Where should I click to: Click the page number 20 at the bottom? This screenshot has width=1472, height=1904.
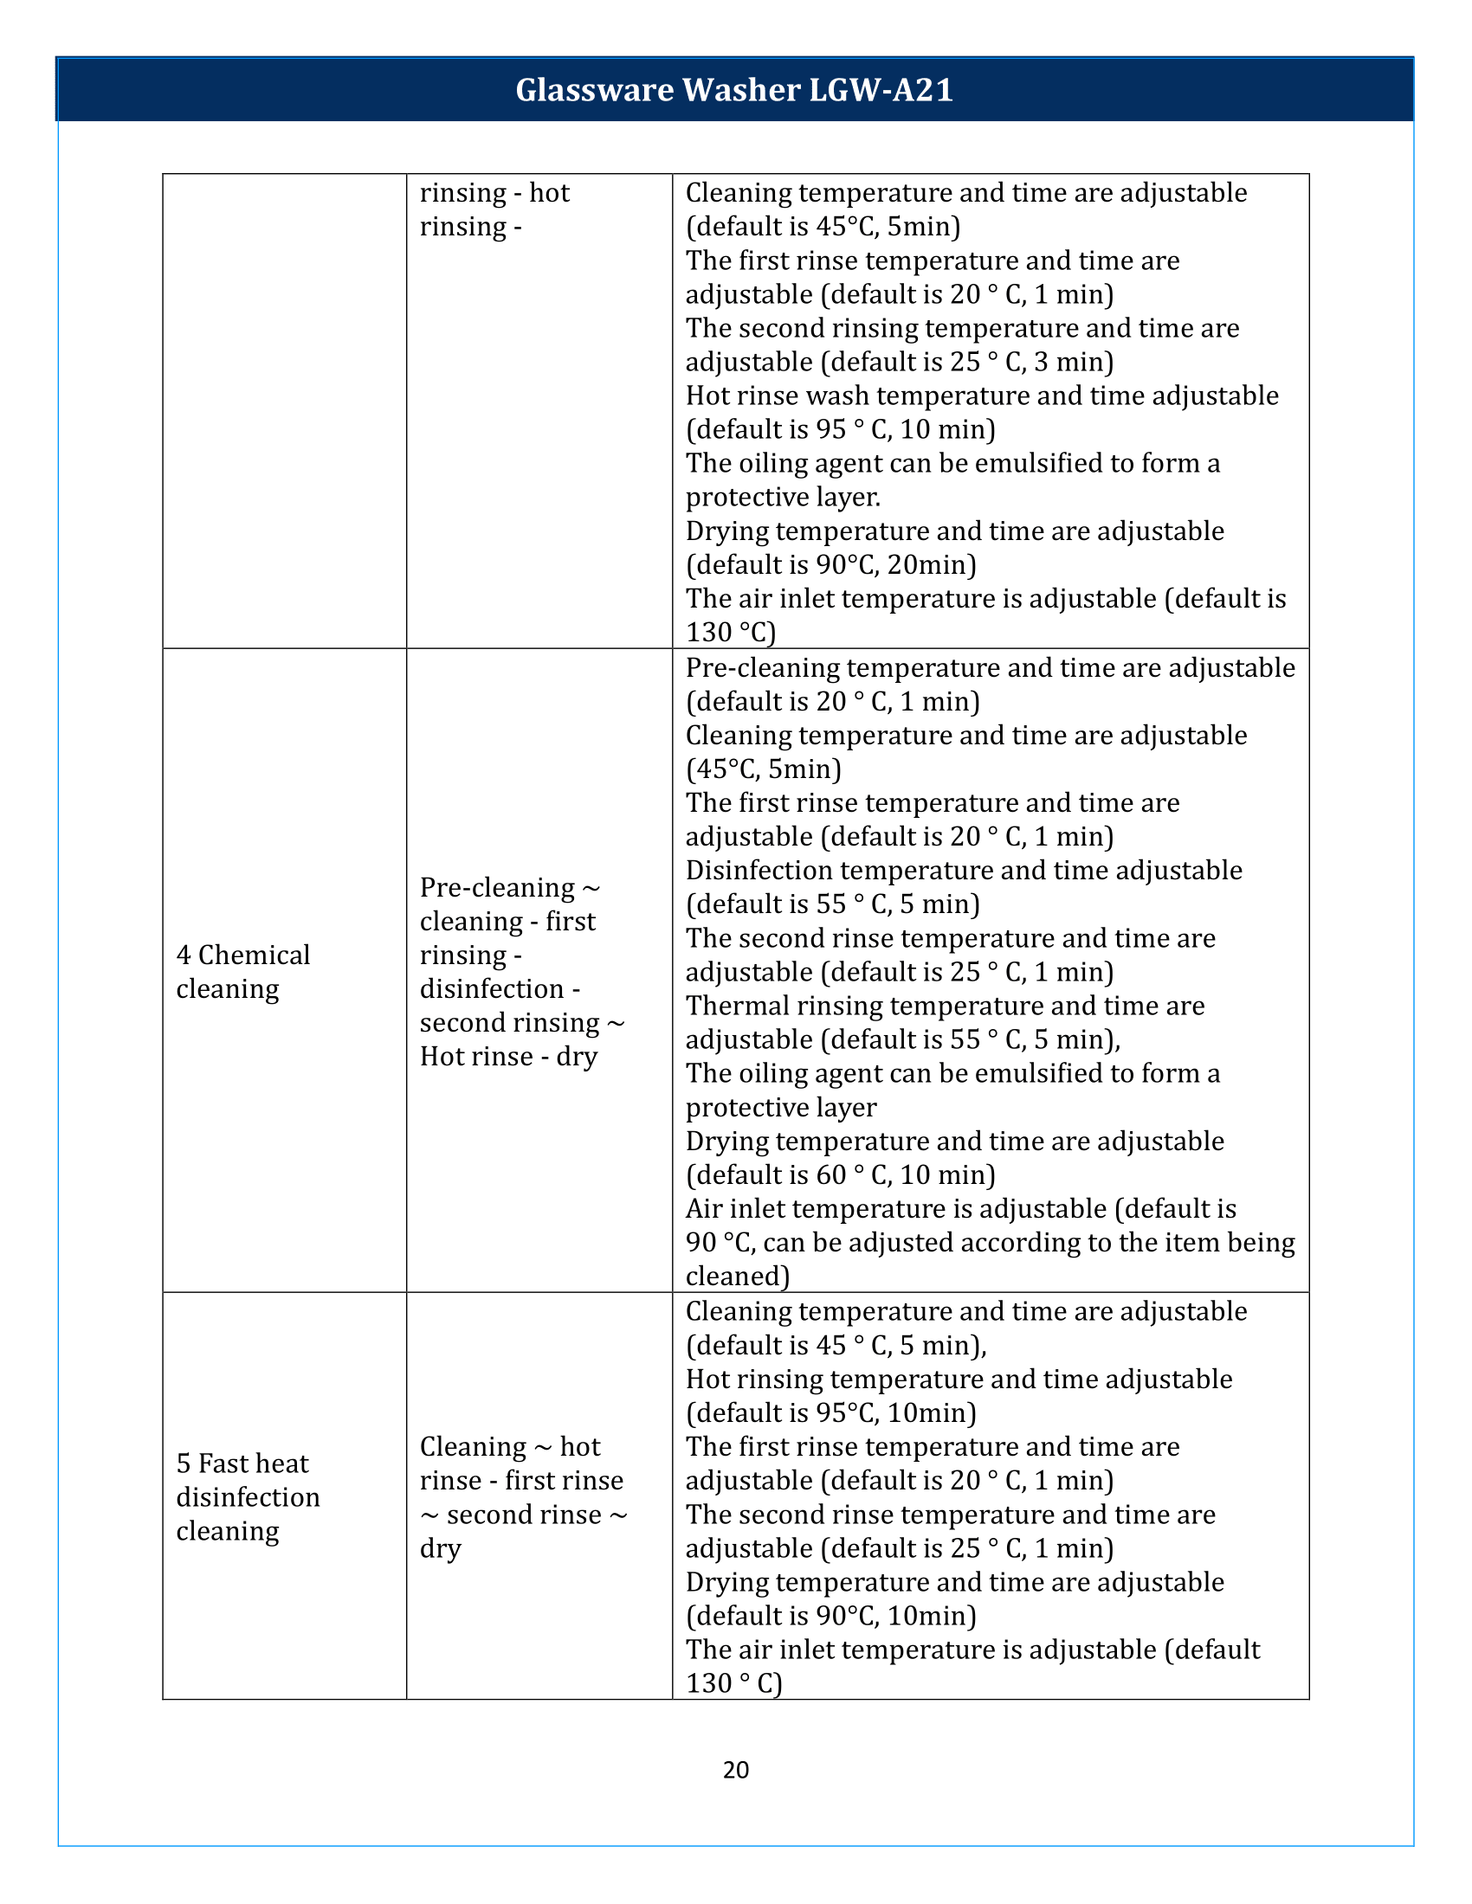click(x=736, y=1770)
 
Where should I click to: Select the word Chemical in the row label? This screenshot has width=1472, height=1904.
click(x=254, y=955)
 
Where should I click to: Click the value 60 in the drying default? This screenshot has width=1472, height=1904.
click(x=831, y=1175)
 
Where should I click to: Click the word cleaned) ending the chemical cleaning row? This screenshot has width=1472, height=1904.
click(x=738, y=1277)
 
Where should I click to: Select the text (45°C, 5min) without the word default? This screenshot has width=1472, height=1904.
click(x=763, y=769)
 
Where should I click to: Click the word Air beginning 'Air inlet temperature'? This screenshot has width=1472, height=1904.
click(x=703, y=1209)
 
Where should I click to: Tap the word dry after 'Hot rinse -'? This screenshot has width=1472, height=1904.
click(x=578, y=1057)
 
